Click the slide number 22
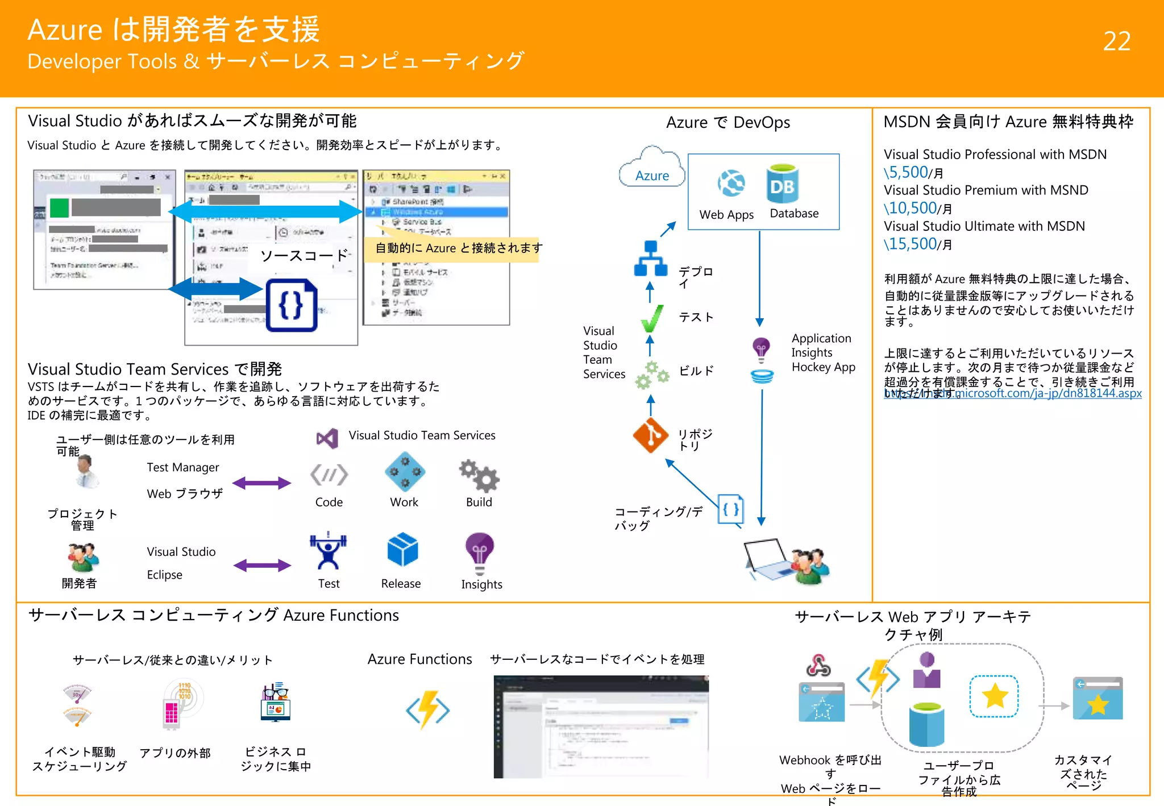pyautogui.click(x=1116, y=41)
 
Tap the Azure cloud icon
pyautogui.click(x=652, y=167)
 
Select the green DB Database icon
pyautogui.click(x=782, y=184)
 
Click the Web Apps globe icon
pyautogui.click(x=731, y=183)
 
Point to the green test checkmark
pyautogui.click(x=652, y=318)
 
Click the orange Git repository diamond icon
pyautogui.click(x=651, y=435)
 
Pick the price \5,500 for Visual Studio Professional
pyautogui.click(x=906, y=172)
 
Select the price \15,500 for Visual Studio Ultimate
pyautogui.click(x=910, y=244)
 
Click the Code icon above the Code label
pyautogui.click(x=329, y=475)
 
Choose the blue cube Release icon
pyautogui.click(x=402, y=550)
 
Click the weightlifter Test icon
pyautogui.click(x=328, y=551)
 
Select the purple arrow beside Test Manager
pyautogui.click(x=262, y=483)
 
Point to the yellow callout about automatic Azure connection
pyautogui.click(x=455, y=248)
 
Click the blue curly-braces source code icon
pyautogui.click(x=292, y=305)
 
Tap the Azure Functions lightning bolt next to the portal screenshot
pyautogui.click(x=428, y=709)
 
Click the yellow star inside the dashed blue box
pyautogui.click(x=994, y=696)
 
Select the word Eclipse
pyautogui.click(x=164, y=575)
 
